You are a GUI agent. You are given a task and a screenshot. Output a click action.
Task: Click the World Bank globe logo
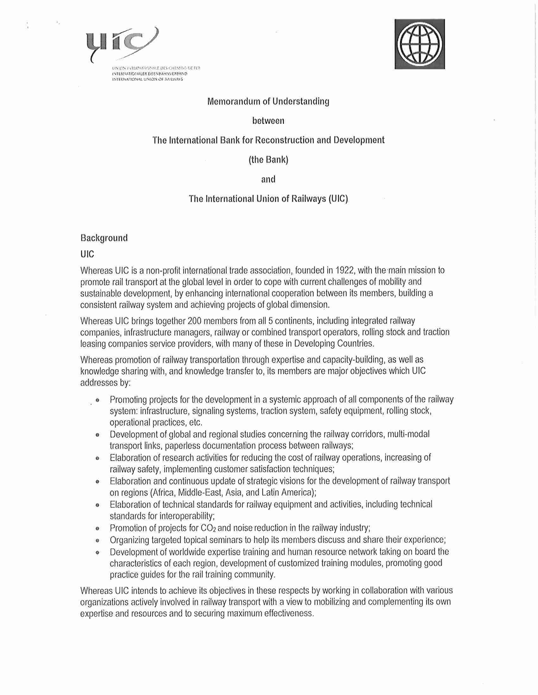[x=419, y=44]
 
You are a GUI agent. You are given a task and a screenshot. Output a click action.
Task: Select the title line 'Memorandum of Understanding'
[x=268, y=101]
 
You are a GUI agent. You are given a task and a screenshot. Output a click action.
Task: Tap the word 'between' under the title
[x=268, y=121]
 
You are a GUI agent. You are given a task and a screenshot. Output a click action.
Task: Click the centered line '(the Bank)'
[x=268, y=160]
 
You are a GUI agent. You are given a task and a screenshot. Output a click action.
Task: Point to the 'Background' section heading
[x=104, y=238]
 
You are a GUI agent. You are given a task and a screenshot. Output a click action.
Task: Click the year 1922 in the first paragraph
[x=345, y=270]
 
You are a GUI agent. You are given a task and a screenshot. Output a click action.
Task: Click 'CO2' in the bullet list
[x=208, y=528]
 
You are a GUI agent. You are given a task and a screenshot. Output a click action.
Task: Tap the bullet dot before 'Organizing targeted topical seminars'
[x=97, y=540]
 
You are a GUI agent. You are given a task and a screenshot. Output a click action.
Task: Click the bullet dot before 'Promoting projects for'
[x=97, y=400]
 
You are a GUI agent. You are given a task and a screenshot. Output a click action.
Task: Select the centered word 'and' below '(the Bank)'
[x=268, y=179]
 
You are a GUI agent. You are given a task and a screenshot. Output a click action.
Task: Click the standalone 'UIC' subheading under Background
[x=87, y=254]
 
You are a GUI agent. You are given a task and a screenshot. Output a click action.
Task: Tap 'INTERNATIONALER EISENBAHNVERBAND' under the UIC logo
[x=149, y=74]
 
